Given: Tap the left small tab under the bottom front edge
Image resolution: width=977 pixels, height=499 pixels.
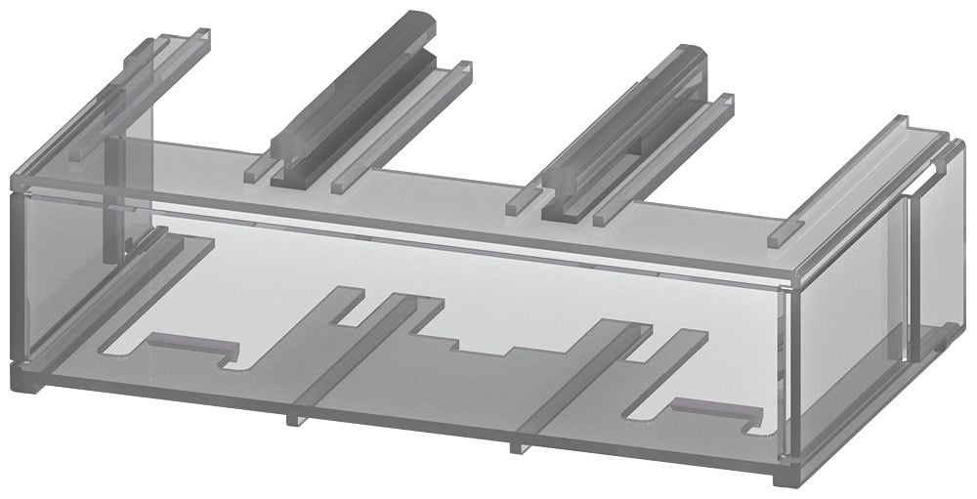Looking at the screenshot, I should (x=290, y=421).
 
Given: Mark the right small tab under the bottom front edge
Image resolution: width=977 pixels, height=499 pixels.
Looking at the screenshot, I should (x=514, y=447).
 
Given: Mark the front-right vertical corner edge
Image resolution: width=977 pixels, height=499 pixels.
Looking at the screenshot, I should (x=793, y=371).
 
